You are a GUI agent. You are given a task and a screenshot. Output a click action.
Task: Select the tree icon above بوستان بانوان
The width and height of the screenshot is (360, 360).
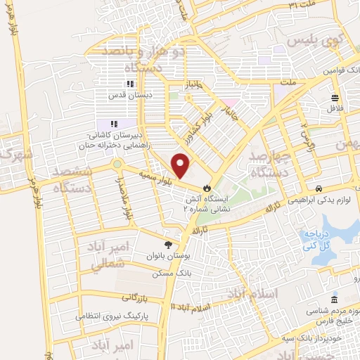(x=167, y=244)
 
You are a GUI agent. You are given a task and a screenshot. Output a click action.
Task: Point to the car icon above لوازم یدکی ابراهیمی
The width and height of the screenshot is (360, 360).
(x=319, y=188)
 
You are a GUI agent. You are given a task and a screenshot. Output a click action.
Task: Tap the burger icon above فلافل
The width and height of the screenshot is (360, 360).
(x=335, y=98)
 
